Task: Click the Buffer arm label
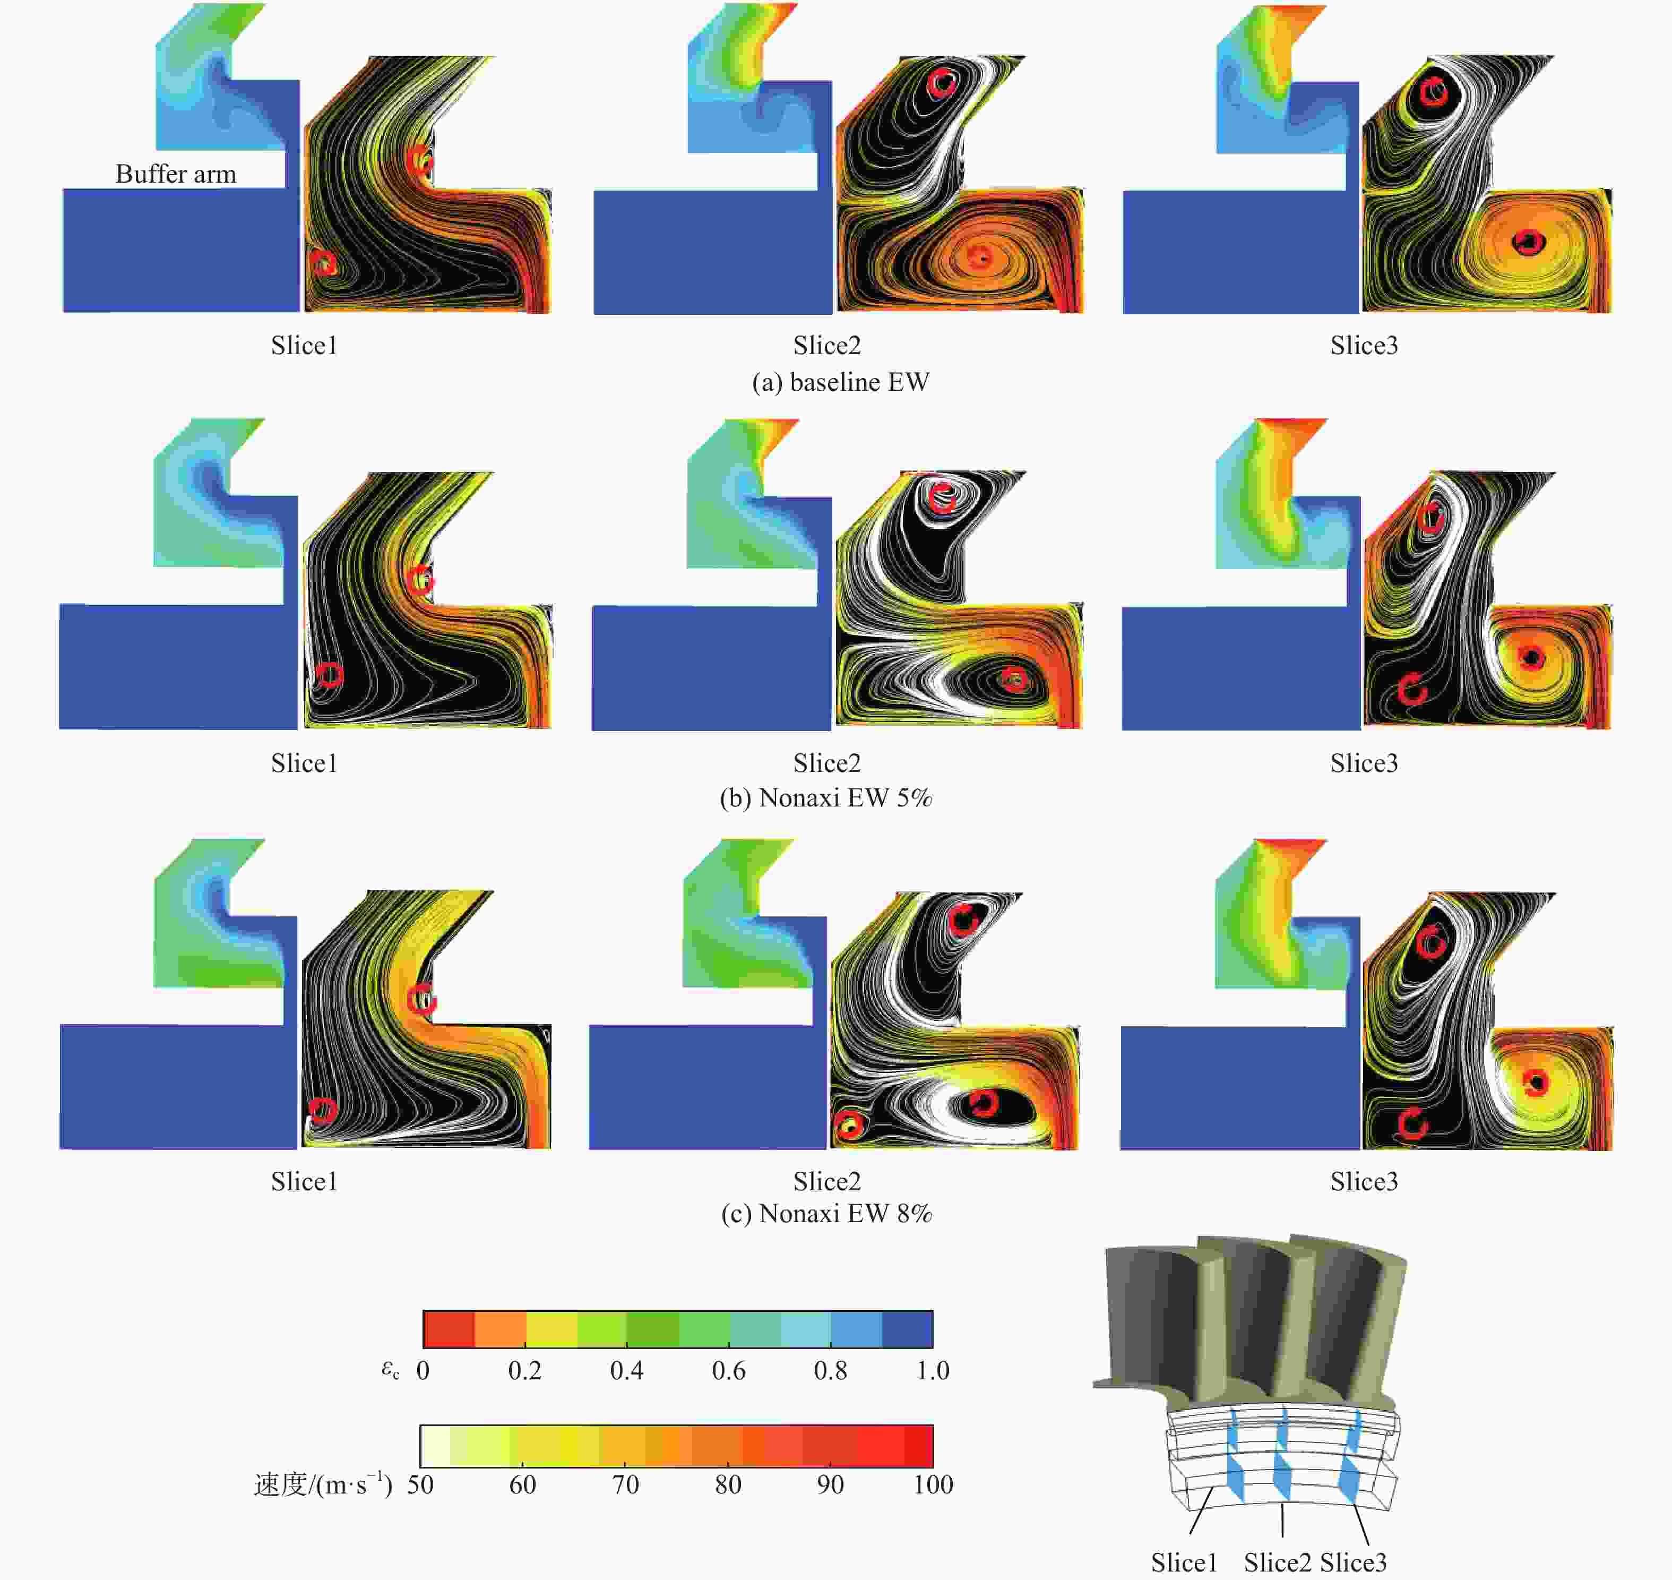(176, 174)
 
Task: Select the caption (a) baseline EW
(840, 382)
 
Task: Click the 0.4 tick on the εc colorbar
(626, 1371)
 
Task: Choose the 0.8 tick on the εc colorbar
(830, 1371)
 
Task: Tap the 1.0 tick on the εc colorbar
(933, 1371)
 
